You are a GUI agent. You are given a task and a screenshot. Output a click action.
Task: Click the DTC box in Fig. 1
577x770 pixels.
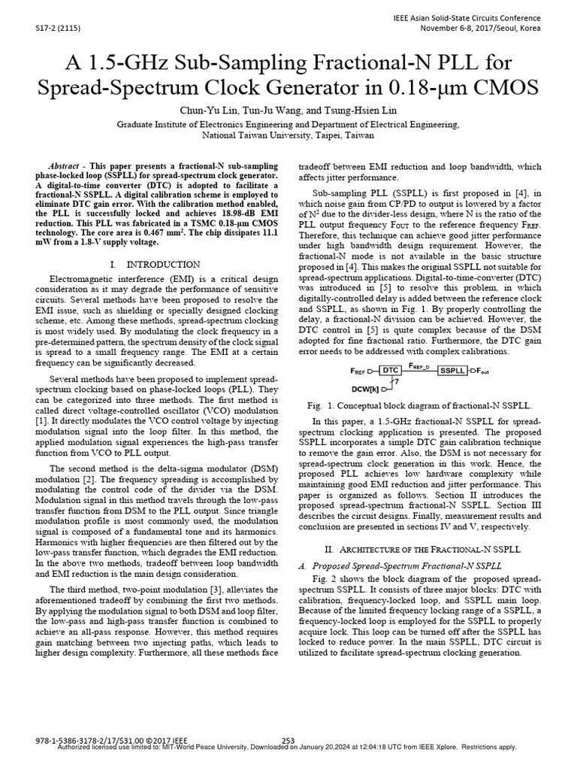(x=390, y=371)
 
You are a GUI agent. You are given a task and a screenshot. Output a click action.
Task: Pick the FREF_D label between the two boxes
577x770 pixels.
(x=420, y=365)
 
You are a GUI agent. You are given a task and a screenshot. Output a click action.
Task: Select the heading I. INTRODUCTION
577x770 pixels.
(x=155, y=264)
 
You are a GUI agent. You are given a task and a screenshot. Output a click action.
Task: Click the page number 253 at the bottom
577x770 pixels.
(x=288, y=741)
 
